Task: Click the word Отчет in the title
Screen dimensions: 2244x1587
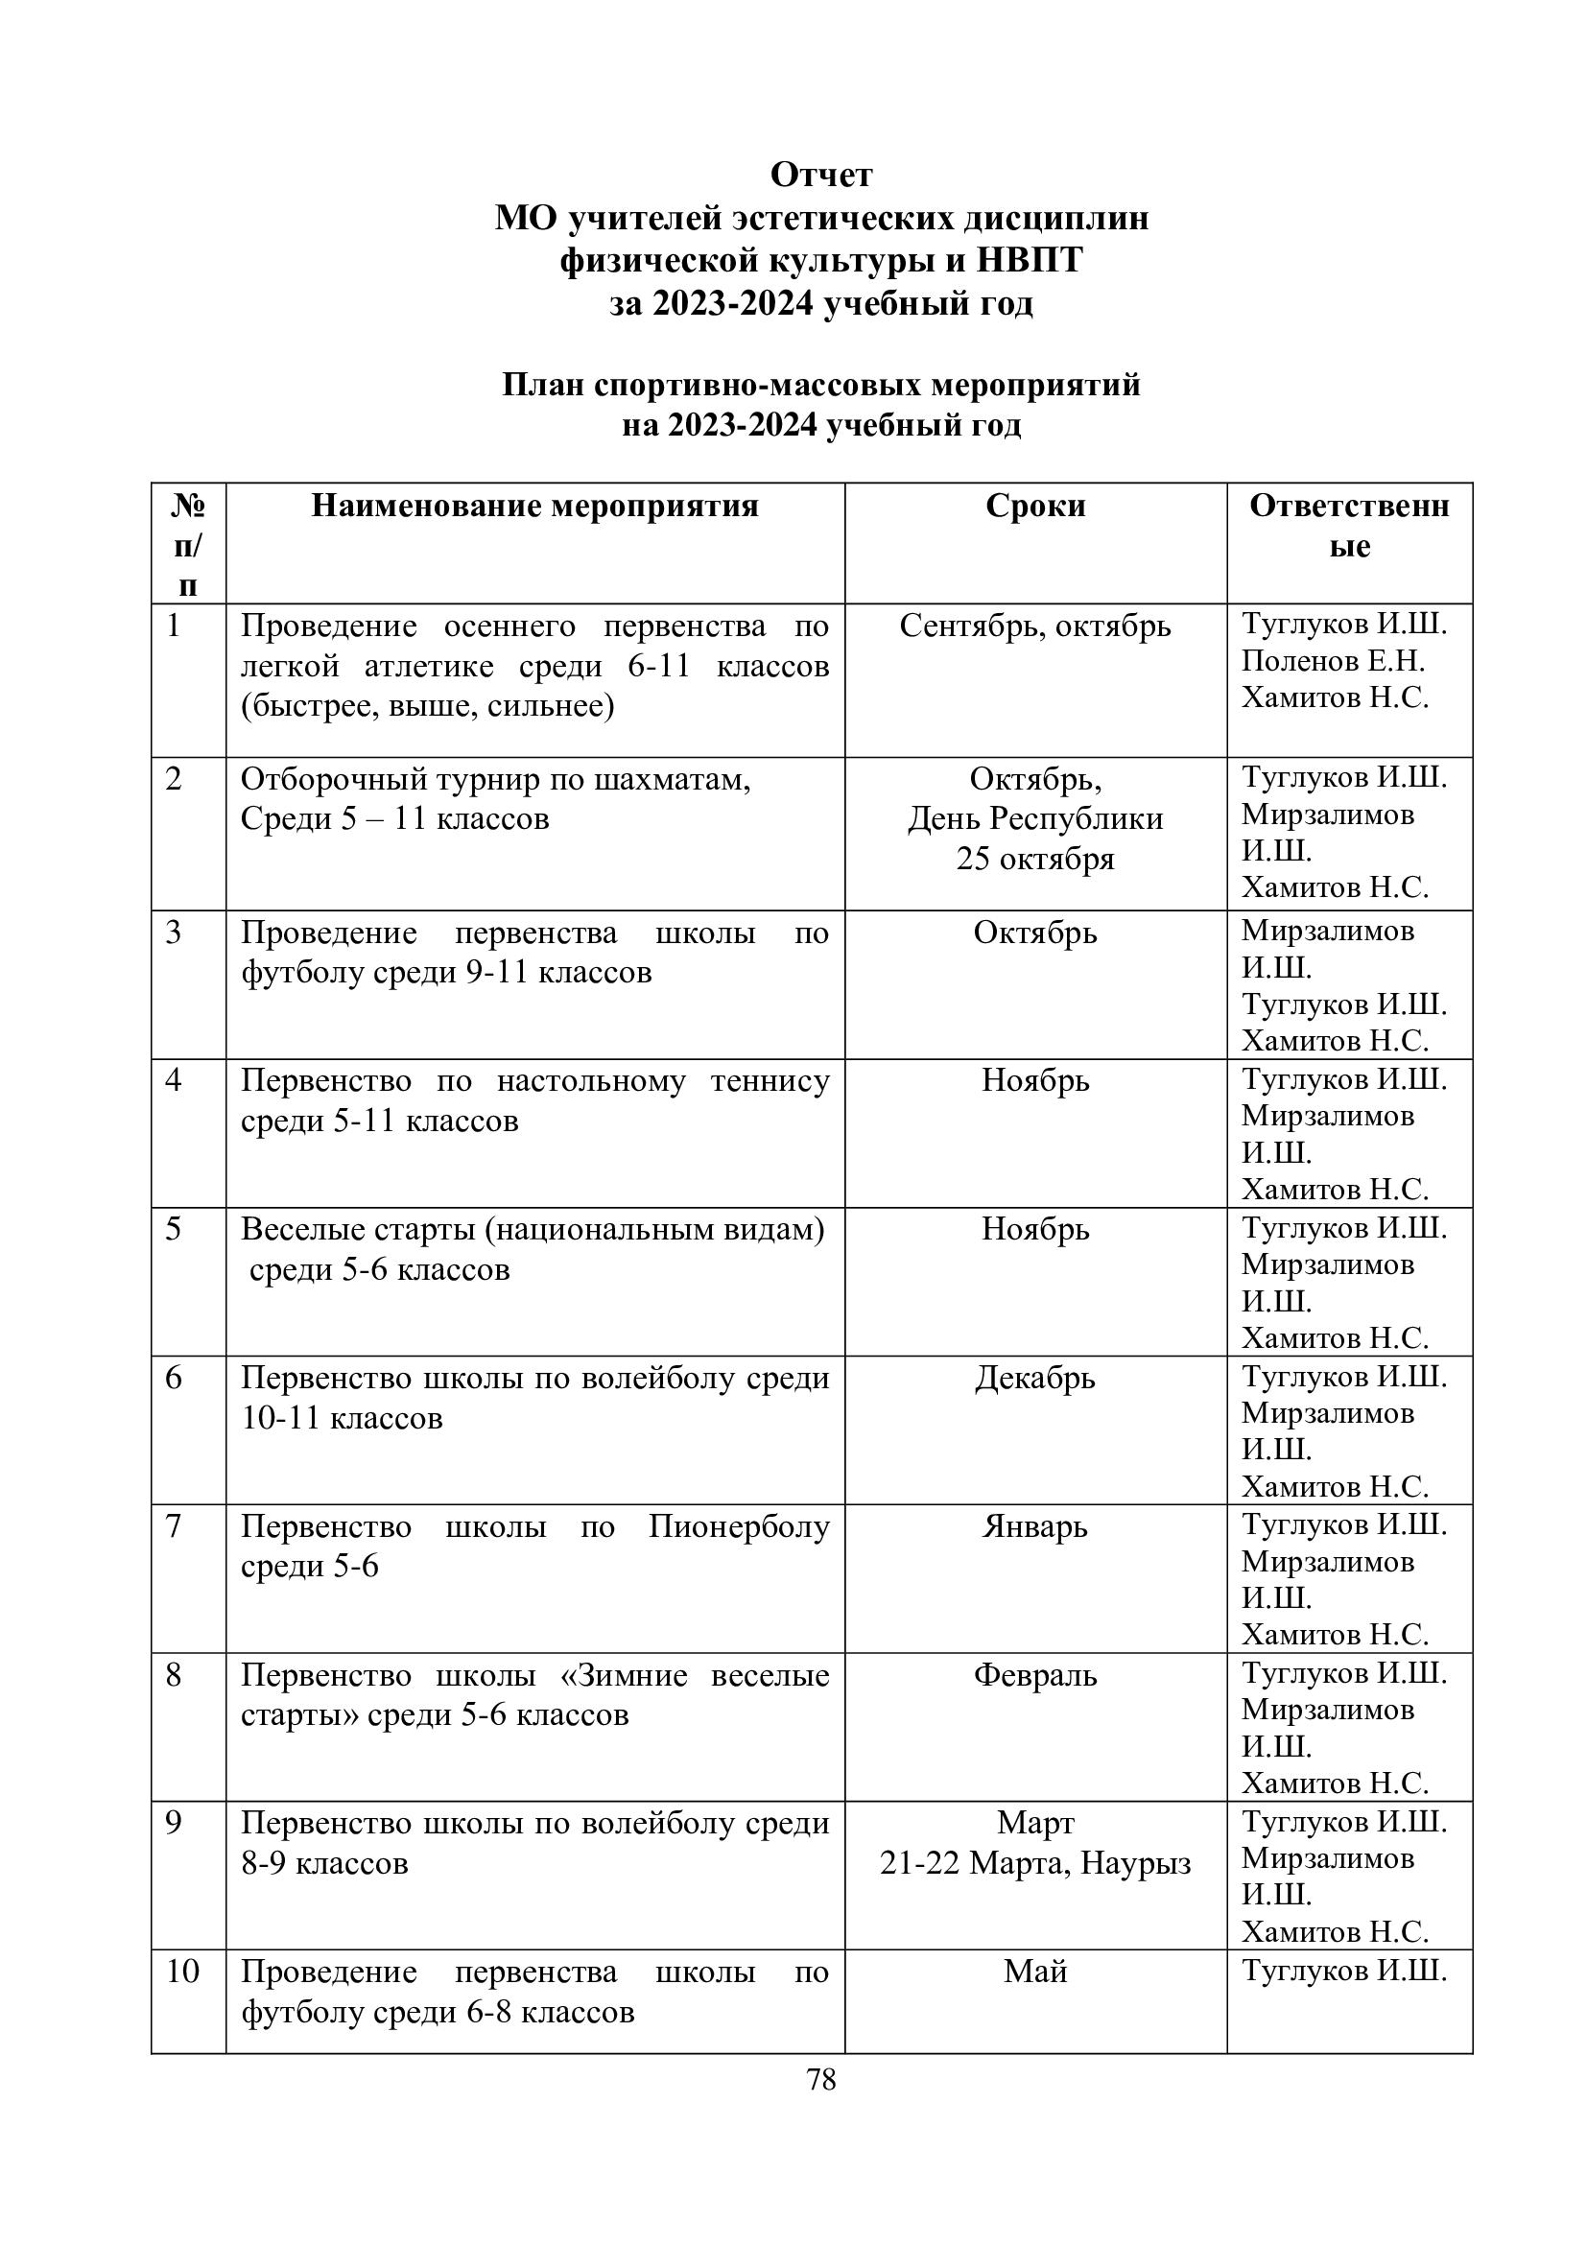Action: [821, 175]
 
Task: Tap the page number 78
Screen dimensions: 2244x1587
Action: [821, 2081]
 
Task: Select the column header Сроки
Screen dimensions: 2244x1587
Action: [1035, 506]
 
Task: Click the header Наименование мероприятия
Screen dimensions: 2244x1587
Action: [534, 506]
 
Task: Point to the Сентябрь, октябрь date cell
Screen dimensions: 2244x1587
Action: [1035, 626]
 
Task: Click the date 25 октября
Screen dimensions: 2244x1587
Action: [1035, 859]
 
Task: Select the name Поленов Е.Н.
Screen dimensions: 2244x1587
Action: [1333, 662]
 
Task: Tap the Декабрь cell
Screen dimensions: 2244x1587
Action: [1035, 1378]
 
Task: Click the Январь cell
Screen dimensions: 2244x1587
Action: [1035, 1526]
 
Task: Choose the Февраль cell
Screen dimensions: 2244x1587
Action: [1035, 1675]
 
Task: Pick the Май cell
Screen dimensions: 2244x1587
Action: [1035, 1972]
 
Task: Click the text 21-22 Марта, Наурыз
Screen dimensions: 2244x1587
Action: [1035, 1864]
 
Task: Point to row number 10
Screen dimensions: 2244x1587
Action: [182, 1972]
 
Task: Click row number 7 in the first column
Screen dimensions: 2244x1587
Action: [174, 1525]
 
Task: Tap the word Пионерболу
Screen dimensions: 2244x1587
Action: [739, 1526]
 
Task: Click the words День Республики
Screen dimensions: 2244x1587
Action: [1035, 819]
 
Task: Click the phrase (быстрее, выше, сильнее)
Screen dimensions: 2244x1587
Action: [427, 706]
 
